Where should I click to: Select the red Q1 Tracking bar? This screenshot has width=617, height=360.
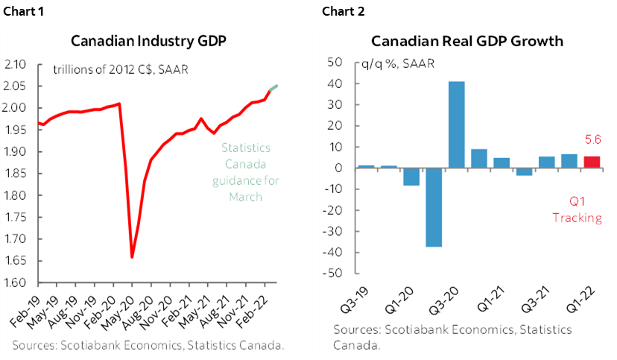tap(592, 162)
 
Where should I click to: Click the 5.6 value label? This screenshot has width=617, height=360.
tap(592, 139)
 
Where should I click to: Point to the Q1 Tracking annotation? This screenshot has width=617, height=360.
tap(577, 210)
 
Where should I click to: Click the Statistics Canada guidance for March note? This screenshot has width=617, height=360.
tap(245, 172)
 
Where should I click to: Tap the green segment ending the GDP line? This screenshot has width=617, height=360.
tap(273, 89)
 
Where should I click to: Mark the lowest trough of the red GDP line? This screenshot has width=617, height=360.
tap(132, 257)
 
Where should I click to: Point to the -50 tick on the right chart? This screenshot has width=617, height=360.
tap(341, 274)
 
